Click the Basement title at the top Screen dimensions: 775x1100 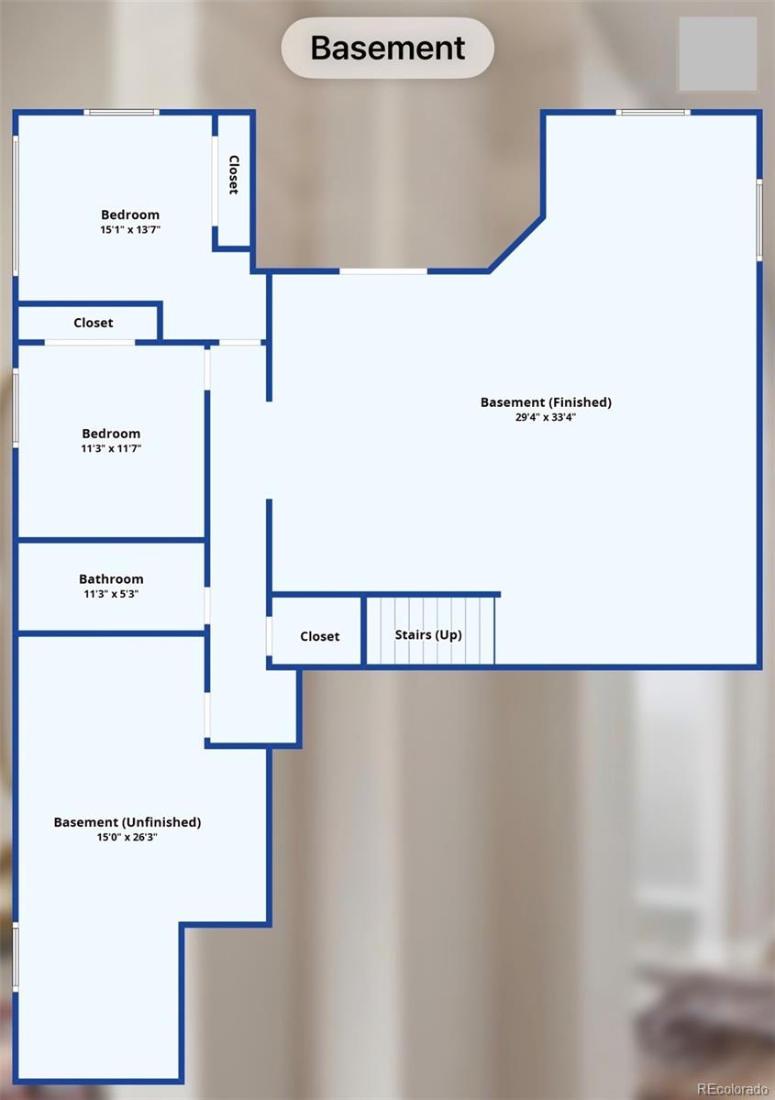[387, 48]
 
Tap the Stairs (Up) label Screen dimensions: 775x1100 [428, 635]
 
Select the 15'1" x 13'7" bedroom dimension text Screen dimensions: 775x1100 [130, 229]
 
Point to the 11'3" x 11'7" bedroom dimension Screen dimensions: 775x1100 [111, 448]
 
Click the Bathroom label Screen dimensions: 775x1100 [111, 579]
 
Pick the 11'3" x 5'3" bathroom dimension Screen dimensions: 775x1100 [111, 594]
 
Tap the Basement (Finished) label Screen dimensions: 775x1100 [546, 402]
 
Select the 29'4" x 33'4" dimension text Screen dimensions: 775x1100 [546, 417]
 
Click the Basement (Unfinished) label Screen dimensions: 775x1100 [127, 822]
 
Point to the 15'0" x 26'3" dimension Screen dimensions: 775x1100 [127, 837]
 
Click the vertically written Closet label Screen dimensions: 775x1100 [234, 175]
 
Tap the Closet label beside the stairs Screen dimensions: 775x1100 [319, 636]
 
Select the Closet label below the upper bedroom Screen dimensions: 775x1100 [94, 323]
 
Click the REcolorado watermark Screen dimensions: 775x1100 [732, 1089]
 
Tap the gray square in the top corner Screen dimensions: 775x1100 [718, 54]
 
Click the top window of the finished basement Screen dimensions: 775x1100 [653, 113]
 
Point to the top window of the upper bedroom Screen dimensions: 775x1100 [121, 113]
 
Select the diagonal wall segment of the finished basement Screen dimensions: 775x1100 [516, 244]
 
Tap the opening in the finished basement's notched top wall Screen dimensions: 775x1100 [383, 271]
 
